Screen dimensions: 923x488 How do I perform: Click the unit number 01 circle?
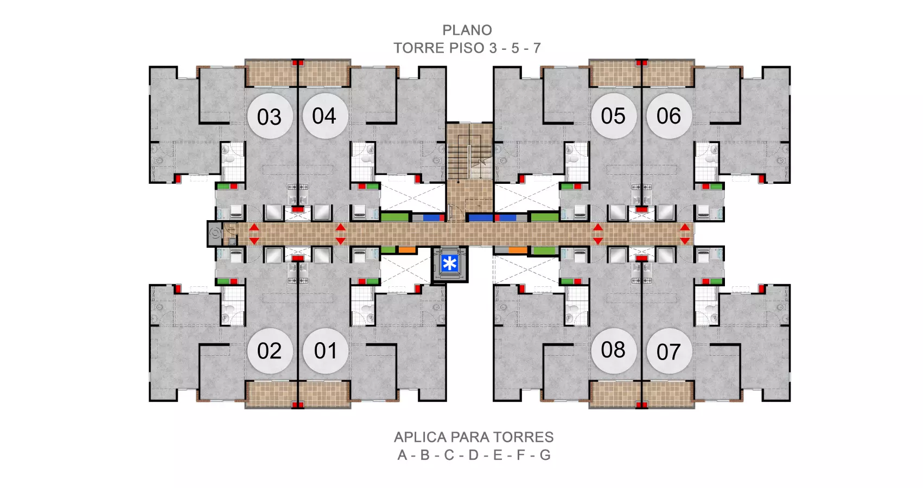pyautogui.click(x=326, y=351)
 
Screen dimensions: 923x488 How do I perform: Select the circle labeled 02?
pyautogui.click(x=270, y=351)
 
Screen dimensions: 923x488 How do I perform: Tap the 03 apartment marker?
pyautogui.click(x=270, y=116)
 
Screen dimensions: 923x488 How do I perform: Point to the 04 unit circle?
pyautogui.click(x=325, y=116)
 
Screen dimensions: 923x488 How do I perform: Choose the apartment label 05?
pyautogui.click(x=614, y=116)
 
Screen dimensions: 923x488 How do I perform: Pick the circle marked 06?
pyautogui.click(x=669, y=116)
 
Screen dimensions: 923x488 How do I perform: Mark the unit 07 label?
pyautogui.click(x=669, y=351)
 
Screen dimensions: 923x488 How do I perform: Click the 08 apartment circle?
pyautogui.click(x=614, y=350)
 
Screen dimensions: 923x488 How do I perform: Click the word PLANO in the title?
pyautogui.click(x=467, y=30)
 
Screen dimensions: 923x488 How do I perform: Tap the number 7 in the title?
pyautogui.click(x=537, y=48)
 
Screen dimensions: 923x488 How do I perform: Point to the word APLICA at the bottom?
pyautogui.click(x=421, y=437)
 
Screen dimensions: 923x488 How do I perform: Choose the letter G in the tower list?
pyautogui.click(x=545, y=455)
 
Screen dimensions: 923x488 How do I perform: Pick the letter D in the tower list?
pyautogui.click(x=474, y=455)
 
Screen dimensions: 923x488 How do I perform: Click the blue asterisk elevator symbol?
pyautogui.click(x=449, y=264)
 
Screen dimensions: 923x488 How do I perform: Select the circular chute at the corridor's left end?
pyautogui.click(x=215, y=234)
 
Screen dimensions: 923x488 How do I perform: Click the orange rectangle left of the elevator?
pyautogui.click(x=407, y=249)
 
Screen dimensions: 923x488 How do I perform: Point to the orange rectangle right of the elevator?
pyautogui.click(x=518, y=250)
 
